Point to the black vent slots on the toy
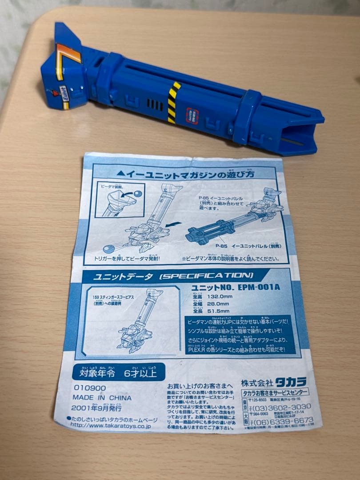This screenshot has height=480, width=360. click(x=155, y=104)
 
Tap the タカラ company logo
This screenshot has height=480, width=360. click(x=291, y=382)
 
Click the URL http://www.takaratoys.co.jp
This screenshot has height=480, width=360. click(x=112, y=425)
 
